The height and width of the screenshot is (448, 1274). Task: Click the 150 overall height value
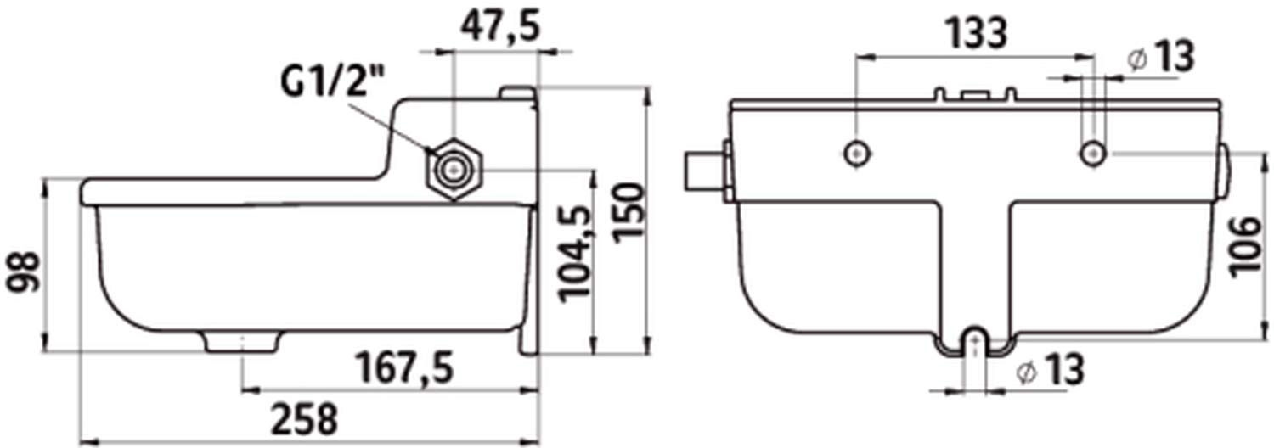click(x=629, y=213)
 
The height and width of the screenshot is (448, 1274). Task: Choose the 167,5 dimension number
click(x=404, y=368)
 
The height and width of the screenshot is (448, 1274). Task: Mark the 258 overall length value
click(x=304, y=418)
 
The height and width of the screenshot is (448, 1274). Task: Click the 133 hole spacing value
click(x=977, y=32)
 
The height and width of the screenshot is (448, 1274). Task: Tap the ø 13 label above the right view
click(x=1160, y=58)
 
